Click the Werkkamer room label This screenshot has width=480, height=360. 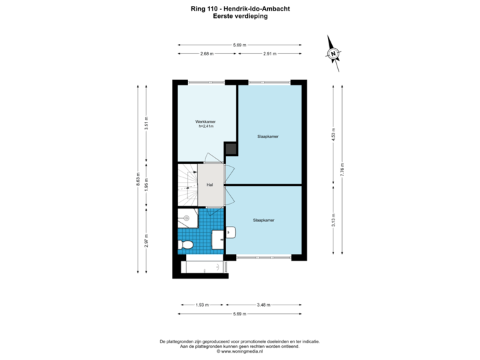click(x=204, y=123)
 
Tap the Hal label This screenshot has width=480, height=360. click(x=209, y=185)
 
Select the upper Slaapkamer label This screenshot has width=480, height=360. click(x=267, y=136)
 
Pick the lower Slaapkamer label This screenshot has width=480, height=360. click(x=264, y=219)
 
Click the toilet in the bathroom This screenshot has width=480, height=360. click(x=187, y=245)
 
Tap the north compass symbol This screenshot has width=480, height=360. click(x=333, y=54)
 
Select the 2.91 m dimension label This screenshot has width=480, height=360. click(x=269, y=53)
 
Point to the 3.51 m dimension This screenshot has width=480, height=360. click(x=146, y=124)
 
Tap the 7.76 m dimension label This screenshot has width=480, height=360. click(x=341, y=169)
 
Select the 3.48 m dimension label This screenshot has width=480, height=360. click(x=264, y=305)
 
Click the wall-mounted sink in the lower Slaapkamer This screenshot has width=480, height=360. click(x=230, y=232)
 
